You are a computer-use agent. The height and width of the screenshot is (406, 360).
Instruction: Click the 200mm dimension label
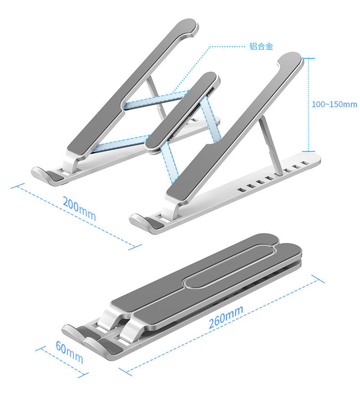pos(79,208)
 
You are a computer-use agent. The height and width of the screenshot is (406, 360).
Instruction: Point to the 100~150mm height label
pos(334,104)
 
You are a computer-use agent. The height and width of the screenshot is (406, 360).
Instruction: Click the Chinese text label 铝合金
pos(261,46)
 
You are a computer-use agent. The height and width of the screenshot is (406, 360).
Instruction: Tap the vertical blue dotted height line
pos(309,104)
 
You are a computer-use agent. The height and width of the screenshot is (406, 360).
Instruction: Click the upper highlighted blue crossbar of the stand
pos(155,99)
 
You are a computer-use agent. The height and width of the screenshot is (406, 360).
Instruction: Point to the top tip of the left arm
pos(187,26)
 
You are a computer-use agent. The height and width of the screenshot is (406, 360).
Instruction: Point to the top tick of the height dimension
pos(309,58)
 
